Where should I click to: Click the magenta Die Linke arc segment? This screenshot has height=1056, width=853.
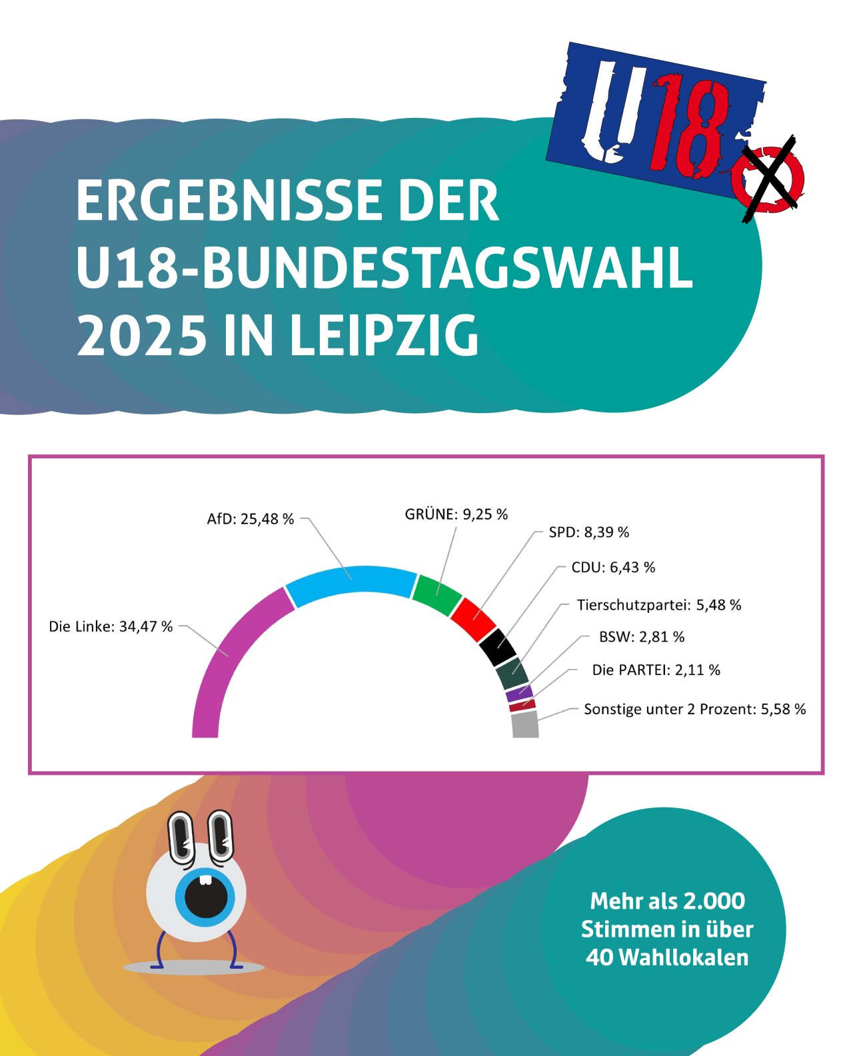click(x=220, y=660)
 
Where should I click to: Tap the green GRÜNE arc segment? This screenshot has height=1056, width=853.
click(x=437, y=593)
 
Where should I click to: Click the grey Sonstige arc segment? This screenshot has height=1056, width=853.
click(x=525, y=725)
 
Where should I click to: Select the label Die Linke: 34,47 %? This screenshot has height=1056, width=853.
click(x=111, y=627)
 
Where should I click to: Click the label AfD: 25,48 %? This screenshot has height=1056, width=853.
click(x=250, y=519)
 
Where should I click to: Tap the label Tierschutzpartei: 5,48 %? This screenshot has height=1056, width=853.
click(x=658, y=605)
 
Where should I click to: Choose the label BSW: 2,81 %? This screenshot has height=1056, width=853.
click(x=641, y=637)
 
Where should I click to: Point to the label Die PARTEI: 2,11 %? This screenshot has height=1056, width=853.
click(x=656, y=670)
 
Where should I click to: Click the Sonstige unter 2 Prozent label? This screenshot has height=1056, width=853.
click(x=694, y=710)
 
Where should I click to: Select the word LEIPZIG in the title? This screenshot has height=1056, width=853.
click(x=385, y=335)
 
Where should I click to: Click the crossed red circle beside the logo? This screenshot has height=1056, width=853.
click(x=768, y=179)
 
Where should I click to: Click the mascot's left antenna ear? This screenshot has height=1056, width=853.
click(x=181, y=836)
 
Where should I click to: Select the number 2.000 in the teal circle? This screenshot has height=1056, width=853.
click(x=714, y=901)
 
